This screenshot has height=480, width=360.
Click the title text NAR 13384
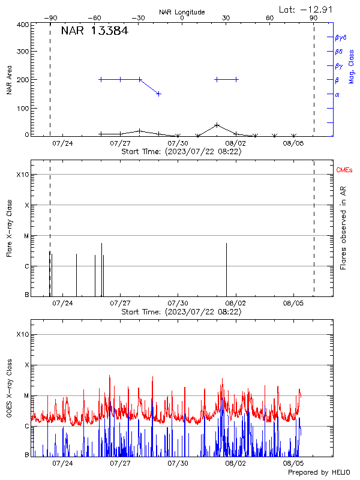click(94, 31)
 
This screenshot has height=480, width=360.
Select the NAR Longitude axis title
click(182, 12)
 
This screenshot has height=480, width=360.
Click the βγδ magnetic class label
click(340, 37)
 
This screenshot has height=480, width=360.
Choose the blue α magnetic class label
click(337, 94)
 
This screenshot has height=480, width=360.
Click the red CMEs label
click(344, 171)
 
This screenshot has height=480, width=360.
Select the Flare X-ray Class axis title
click(9, 228)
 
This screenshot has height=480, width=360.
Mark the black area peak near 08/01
click(217, 125)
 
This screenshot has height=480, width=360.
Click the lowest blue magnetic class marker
click(158, 94)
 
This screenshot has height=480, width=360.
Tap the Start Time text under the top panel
click(181, 152)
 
